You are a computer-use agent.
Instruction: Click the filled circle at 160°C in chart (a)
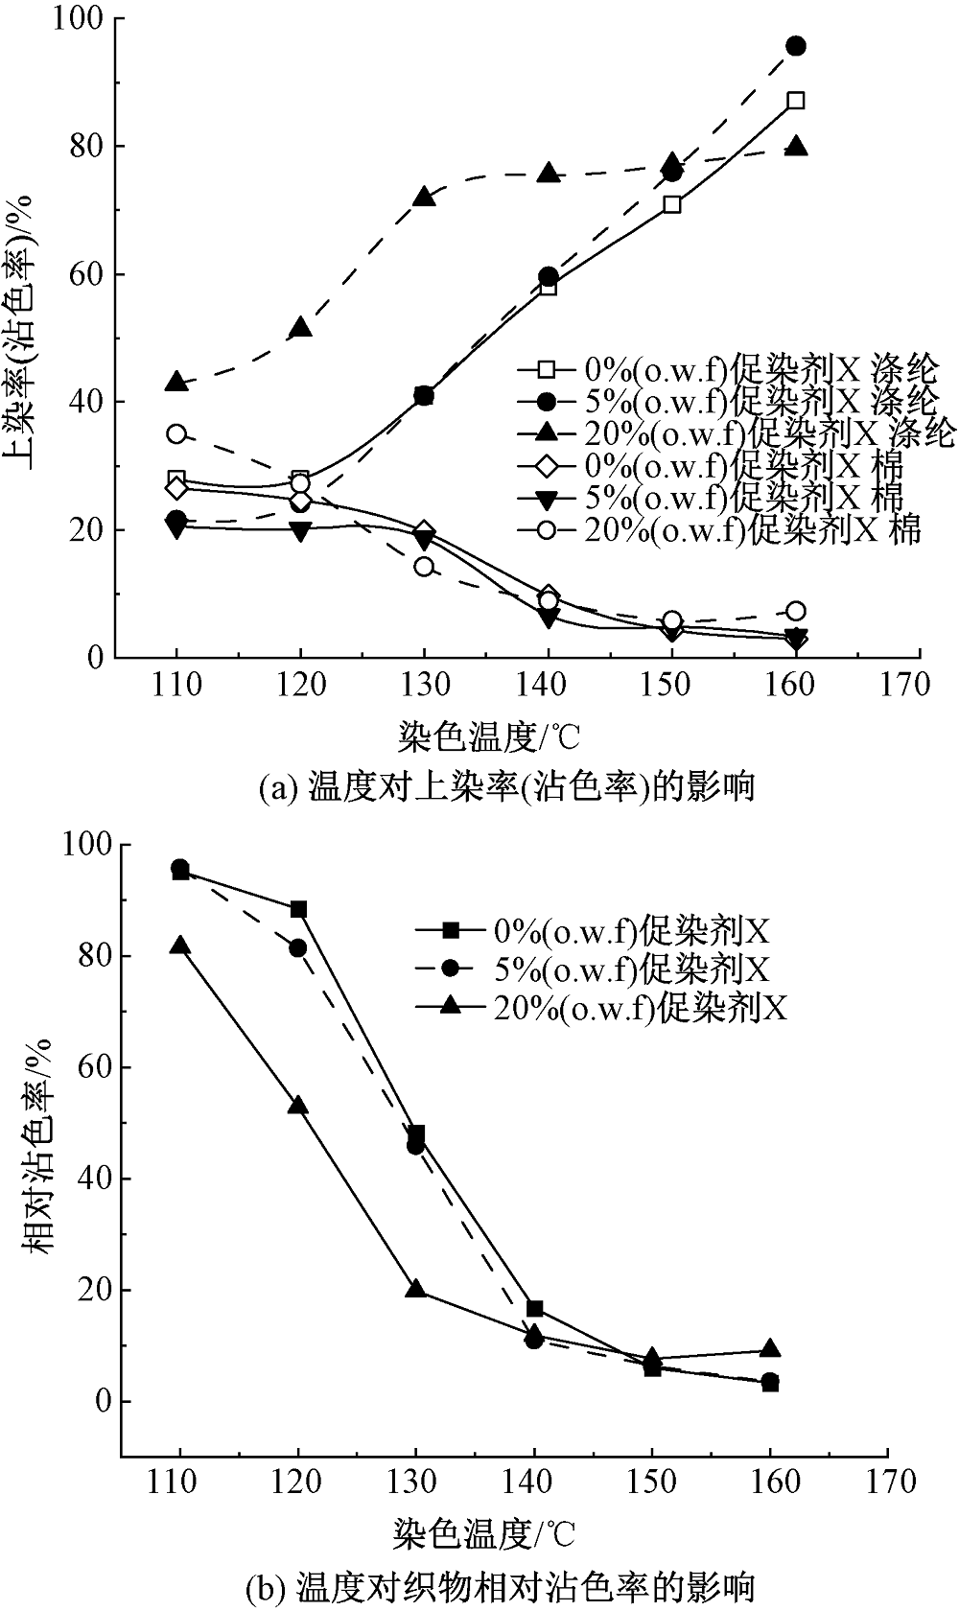click(x=795, y=46)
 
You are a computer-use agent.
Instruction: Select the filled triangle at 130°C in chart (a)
click(x=424, y=198)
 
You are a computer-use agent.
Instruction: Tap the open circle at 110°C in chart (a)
click(x=176, y=433)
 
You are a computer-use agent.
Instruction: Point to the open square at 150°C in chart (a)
click(x=671, y=204)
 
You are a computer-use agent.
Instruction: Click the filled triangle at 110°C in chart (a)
click(x=176, y=383)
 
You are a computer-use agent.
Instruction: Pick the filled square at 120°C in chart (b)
click(x=298, y=909)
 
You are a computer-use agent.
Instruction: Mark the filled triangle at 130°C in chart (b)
click(x=416, y=1289)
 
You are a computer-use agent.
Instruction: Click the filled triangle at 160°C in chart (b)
click(x=769, y=1349)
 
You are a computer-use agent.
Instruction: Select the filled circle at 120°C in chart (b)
click(x=298, y=947)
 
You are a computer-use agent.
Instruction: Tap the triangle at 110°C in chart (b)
click(x=179, y=946)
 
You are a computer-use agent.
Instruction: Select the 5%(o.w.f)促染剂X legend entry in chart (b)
click(x=595, y=969)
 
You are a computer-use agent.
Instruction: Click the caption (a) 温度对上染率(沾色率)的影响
click(x=507, y=787)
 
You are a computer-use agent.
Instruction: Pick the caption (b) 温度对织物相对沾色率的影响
click(x=500, y=1587)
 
